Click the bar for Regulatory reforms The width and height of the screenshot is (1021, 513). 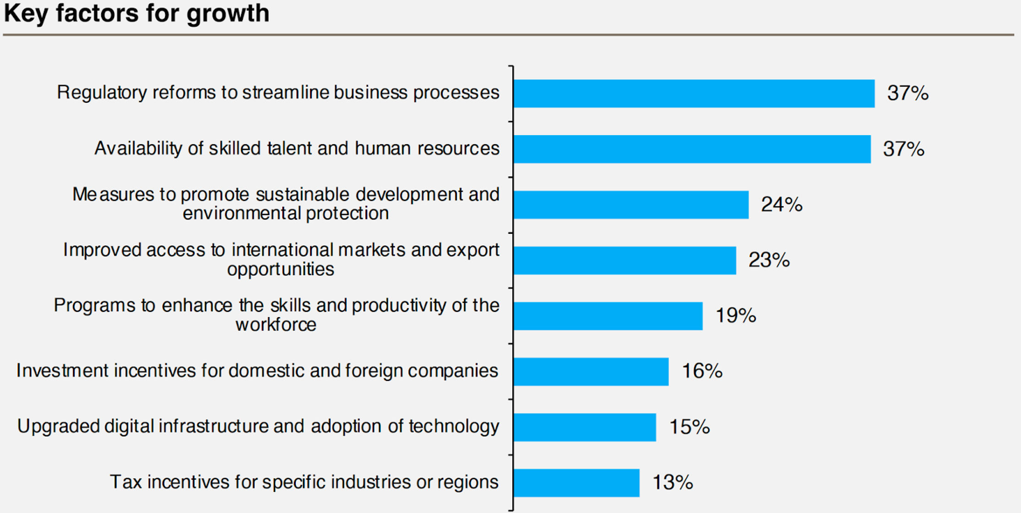coord(694,93)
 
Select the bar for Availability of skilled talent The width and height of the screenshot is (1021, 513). coord(692,149)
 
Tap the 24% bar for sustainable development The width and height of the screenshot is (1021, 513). coord(631,205)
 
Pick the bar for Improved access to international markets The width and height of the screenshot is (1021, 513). coord(625,260)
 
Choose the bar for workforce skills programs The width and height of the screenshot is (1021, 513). coord(608,316)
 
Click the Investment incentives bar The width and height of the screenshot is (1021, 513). coord(591,372)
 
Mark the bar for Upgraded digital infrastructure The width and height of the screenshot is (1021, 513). coord(585,427)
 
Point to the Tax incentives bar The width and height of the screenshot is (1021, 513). coord(576,483)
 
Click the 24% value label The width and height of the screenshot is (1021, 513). coord(782,205)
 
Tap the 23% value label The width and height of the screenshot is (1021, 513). coord(769,260)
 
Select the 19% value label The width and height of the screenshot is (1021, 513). coord(736,316)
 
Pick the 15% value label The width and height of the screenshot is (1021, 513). coord(690,427)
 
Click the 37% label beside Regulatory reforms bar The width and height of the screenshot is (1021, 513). coord(908,93)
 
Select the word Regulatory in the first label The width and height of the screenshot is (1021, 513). coord(102,93)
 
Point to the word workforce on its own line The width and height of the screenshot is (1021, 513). coord(276,325)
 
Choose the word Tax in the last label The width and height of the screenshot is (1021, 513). coord(125,482)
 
